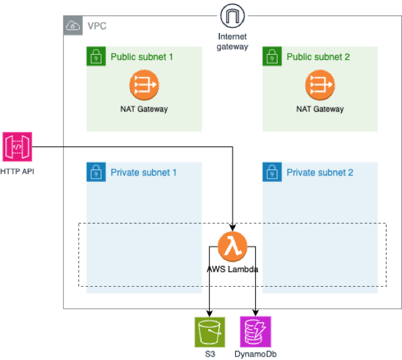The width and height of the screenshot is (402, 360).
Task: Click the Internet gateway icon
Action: pyautogui.click(x=231, y=15)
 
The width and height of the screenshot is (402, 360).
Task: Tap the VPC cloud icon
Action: pyautogui.click(x=72, y=26)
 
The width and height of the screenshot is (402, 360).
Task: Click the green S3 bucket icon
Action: pyautogui.click(x=210, y=332)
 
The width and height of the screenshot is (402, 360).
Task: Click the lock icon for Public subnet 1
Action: pyautogui.click(x=96, y=57)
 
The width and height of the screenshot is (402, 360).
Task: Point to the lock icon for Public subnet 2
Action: pyautogui.click(x=272, y=57)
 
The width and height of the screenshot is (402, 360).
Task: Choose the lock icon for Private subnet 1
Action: pyautogui.click(x=96, y=173)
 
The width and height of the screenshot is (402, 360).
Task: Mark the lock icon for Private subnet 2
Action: pyautogui.click(x=272, y=173)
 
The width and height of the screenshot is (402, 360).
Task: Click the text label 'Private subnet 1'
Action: pyautogui.click(x=144, y=173)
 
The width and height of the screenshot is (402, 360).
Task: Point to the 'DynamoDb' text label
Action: pyautogui.click(x=254, y=355)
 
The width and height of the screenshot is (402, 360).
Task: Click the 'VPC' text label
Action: pyautogui.click(x=96, y=26)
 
